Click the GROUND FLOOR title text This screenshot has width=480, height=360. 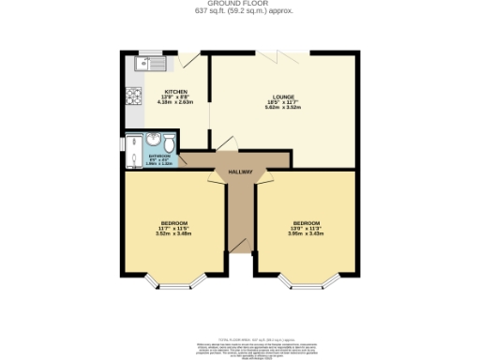pos(239,5)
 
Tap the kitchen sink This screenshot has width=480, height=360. pos(150,64)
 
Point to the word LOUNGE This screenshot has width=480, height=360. pos(283,97)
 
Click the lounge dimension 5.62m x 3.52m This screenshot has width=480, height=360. pos(283,109)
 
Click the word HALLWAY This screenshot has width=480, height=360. pos(240,173)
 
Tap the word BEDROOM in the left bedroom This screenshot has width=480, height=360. pos(173,222)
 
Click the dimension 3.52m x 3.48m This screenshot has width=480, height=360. pos(173,233)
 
